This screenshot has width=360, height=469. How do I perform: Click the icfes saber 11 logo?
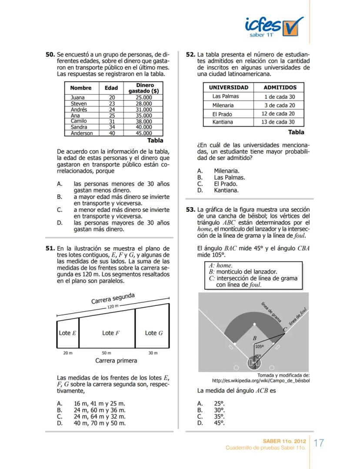tap(273, 27)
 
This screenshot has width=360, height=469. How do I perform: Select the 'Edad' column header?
tap(111, 88)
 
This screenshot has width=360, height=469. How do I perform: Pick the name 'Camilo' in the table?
tap(79, 121)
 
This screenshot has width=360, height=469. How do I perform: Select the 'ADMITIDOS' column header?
tap(280, 87)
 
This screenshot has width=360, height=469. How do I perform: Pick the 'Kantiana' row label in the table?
tap(223, 122)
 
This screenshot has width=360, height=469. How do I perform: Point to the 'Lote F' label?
tap(111, 333)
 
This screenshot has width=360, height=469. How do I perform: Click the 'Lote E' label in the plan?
tap(67, 333)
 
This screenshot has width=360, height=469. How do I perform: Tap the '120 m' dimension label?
tap(113, 307)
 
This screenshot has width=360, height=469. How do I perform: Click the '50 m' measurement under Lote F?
tap(107, 353)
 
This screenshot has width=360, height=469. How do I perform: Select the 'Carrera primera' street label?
tap(116, 361)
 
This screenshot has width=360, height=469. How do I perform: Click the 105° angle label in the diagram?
tap(260, 347)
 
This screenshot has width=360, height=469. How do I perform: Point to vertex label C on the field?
tap(285, 330)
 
